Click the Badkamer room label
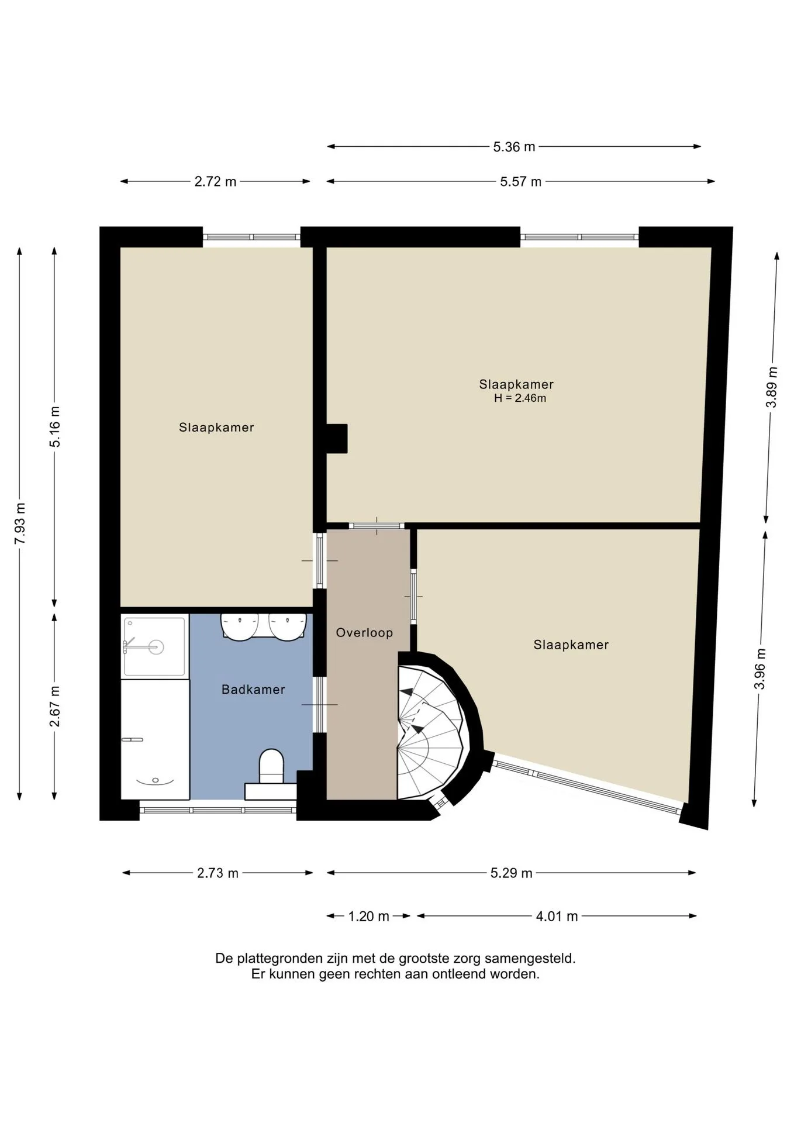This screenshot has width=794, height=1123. click(x=253, y=690)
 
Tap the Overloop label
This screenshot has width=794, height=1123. click(x=364, y=632)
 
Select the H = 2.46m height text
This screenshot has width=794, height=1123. click(x=520, y=398)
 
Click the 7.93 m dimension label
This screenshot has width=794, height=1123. click(x=20, y=523)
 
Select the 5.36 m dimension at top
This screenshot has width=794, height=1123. click(x=514, y=147)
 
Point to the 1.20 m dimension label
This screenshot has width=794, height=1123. click(x=368, y=917)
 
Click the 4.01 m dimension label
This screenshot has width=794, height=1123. click(x=557, y=917)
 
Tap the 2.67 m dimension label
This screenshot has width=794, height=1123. click(x=55, y=707)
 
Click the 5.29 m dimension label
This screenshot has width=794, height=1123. click(x=512, y=873)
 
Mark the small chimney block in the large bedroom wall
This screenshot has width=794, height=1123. click(x=337, y=439)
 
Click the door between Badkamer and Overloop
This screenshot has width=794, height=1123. click(x=319, y=705)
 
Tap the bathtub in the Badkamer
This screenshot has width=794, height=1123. click(x=155, y=739)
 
